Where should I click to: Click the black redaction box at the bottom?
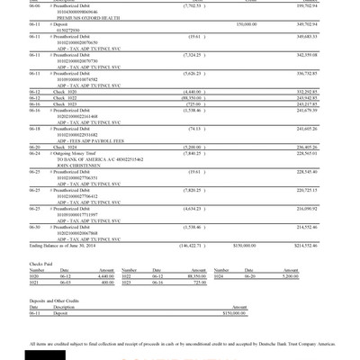click(42, 352)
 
